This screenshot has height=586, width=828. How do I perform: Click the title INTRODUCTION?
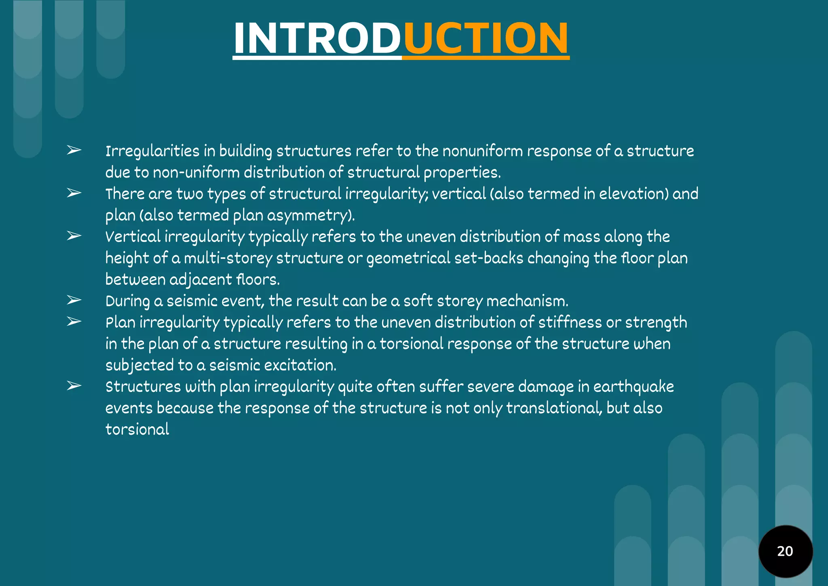401,38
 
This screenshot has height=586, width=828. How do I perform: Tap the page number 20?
785,551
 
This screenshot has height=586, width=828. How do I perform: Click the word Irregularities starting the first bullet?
152,151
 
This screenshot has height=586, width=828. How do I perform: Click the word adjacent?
201,280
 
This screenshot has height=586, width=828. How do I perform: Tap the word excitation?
300,366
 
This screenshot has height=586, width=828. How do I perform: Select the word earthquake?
634,387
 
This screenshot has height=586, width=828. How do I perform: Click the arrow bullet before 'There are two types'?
74,193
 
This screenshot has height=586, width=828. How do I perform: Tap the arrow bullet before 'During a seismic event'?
74,300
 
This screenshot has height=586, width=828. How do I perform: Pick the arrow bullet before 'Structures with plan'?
74,386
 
